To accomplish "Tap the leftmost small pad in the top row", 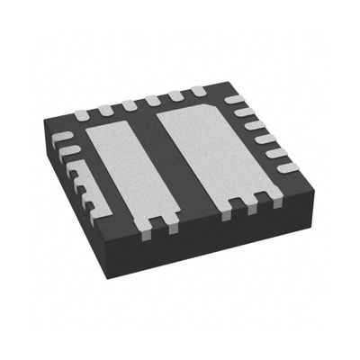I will pyautogui.click(x=83, y=112).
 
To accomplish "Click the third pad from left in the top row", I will pyautogui.click(x=130, y=104).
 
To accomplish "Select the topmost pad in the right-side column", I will pyautogui.click(x=235, y=99).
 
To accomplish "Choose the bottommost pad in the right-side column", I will pyautogui.click(x=287, y=167).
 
